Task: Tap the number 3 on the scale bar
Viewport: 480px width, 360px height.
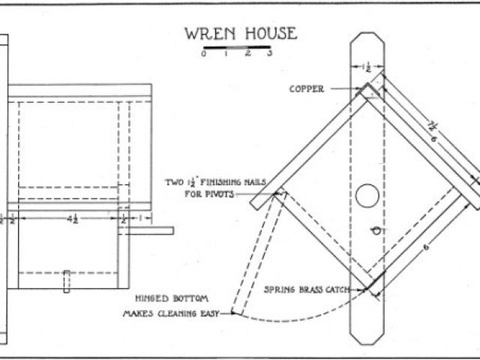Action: [x=269, y=53]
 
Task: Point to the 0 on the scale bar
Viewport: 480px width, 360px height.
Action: [x=203, y=53]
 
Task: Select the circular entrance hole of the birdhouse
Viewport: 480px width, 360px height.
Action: [x=367, y=196]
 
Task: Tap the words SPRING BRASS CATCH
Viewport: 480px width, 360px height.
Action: [x=303, y=288]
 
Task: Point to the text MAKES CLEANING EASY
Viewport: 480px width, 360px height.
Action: [x=170, y=314]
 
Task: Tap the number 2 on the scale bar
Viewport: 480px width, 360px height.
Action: [x=247, y=53]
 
